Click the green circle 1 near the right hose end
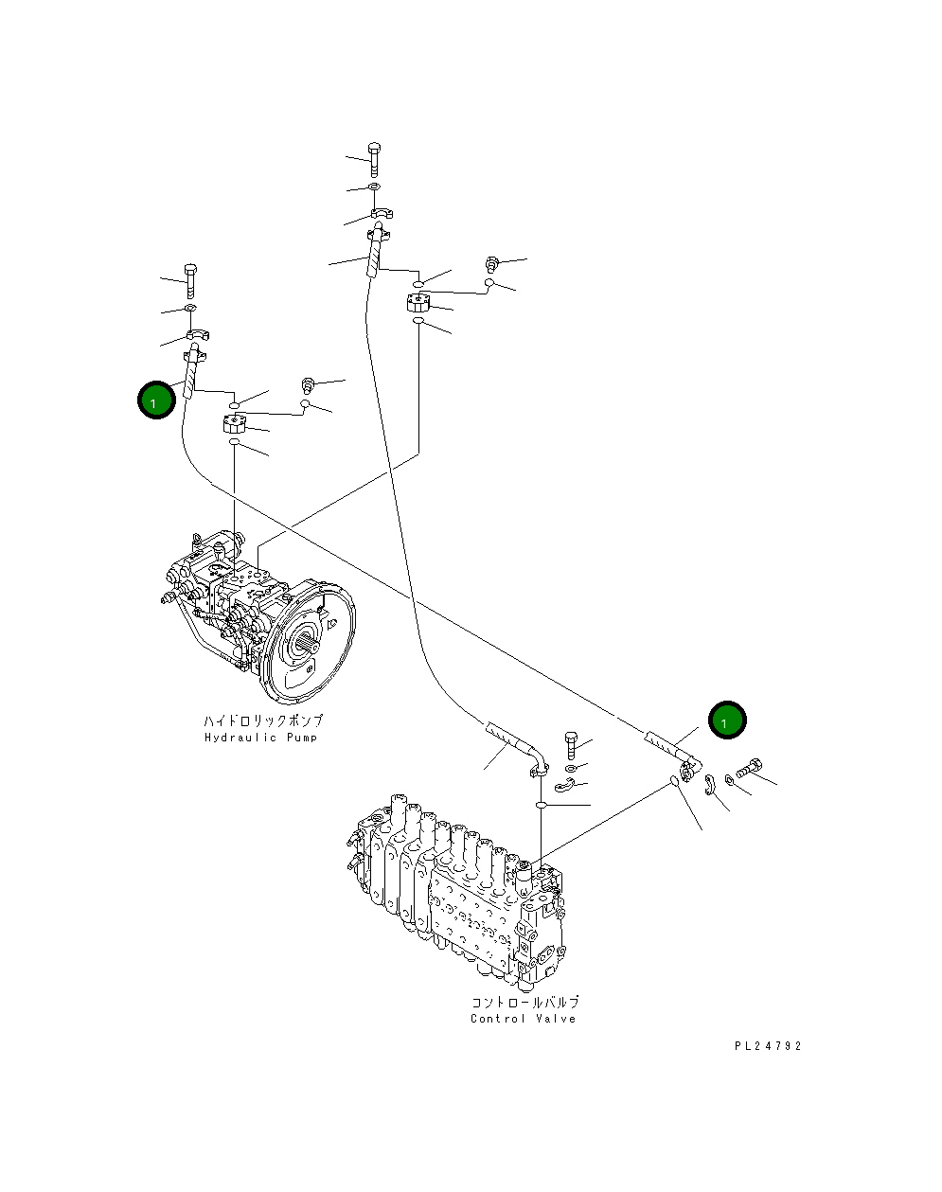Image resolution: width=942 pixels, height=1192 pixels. tap(727, 721)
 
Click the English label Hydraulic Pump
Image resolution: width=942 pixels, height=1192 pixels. tap(261, 738)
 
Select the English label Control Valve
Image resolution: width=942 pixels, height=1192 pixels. tap(523, 1019)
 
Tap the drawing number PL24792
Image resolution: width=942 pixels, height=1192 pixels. tap(768, 1046)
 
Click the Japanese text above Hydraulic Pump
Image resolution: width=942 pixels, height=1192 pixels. tap(262, 721)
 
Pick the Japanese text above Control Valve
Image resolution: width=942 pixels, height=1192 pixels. tap(524, 1002)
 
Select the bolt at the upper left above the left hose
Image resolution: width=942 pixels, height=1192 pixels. tap(190, 280)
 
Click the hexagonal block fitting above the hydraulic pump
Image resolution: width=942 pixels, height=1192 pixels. tap(235, 424)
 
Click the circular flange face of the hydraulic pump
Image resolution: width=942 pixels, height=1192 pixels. tap(310, 653)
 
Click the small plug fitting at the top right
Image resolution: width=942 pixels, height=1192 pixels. tap(491, 262)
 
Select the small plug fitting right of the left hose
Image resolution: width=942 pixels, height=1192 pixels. tap(308, 383)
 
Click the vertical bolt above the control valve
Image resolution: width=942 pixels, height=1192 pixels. tap(570, 744)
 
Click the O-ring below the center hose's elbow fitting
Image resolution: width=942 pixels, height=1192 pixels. tap(540, 805)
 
